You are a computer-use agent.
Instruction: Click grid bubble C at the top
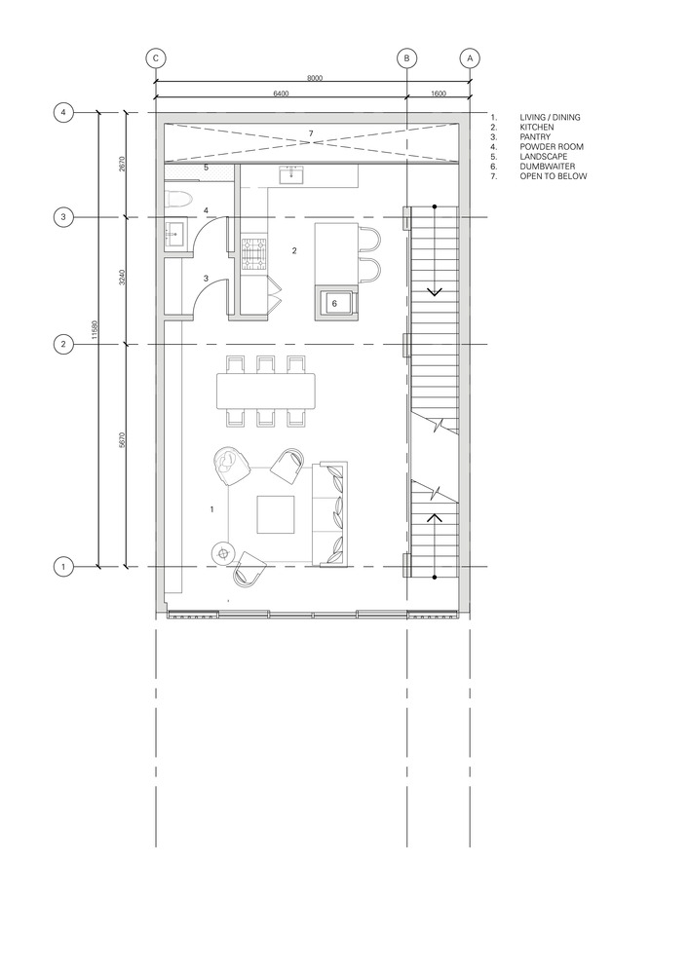pyautogui.click(x=155, y=58)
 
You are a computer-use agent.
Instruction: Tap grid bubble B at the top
pyautogui.click(x=407, y=58)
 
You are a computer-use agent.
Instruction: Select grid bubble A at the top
pyautogui.click(x=470, y=58)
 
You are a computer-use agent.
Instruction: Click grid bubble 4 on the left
pyautogui.click(x=63, y=114)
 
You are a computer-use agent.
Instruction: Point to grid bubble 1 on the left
pyautogui.click(x=63, y=566)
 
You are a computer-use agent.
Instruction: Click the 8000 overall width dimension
pyautogui.click(x=314, y=76)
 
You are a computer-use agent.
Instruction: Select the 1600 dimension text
pyautogui.click(x=438, y=94)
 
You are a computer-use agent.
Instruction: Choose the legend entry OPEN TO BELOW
pyautogui.click(x=553, y=176)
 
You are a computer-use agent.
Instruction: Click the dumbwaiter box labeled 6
pyautogui.click(x=333, y=304)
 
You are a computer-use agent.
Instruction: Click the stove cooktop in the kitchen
pyautogui.click(x=253, y=254)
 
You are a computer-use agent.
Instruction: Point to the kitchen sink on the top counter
pyautogui.click(x=291, y=175)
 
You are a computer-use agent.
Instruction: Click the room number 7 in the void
pyautogui.click(x=310, y=131)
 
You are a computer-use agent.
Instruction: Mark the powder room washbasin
pyautogui.click(x=175, y=235)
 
